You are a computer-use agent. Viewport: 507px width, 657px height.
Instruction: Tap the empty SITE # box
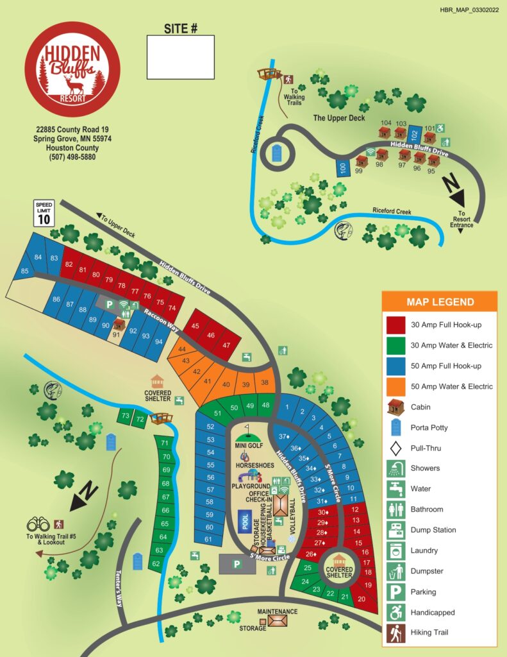tap(181, 57)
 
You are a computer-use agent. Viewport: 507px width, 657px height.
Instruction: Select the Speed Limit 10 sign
tap(44, 214)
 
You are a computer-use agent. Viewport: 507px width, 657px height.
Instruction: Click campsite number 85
tap(24, 271)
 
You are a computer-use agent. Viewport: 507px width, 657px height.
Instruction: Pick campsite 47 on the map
tap(226, 345)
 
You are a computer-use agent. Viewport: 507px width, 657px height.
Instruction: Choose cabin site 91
tap(117, 332)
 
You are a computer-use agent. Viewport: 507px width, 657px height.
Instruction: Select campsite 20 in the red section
tap(362, 599)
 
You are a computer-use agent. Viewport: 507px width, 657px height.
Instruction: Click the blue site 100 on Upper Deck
tap(343, 168)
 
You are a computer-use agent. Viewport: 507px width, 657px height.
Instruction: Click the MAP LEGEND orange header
tap(440, 302)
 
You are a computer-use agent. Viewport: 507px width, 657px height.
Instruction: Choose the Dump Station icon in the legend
tap(395, 530)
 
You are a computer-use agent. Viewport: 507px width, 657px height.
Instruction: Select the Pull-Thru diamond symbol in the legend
tap(395, 448)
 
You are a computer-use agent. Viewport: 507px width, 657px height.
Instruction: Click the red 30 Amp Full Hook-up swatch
tap(395, 325)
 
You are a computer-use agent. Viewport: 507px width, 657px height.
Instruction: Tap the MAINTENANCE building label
tap(278, 611)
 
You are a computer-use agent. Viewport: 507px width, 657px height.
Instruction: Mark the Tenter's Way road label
tap(119, 590)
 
